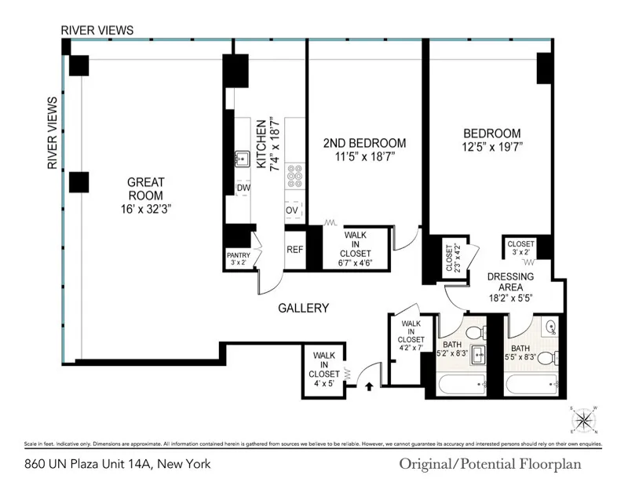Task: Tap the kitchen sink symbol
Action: click(240, 159)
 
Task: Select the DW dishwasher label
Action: click(243, 188)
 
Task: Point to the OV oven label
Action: click(292, 210)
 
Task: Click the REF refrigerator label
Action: click(294, 250)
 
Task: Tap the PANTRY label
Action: click(238, 255)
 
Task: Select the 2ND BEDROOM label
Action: click(364, 143)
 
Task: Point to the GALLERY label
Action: click(303, 309)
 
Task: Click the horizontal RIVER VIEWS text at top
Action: click(98, 30)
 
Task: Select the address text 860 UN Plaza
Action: click(118, 463)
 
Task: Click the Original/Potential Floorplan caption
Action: click(501, 463)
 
